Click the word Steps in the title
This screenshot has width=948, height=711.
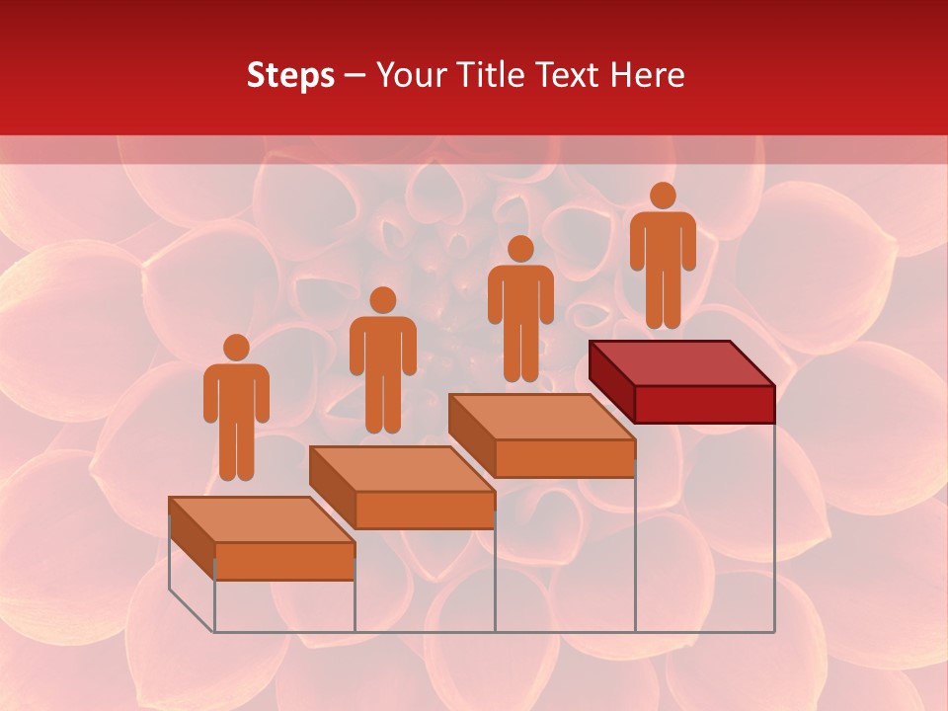(290, 76)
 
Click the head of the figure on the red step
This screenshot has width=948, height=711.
(663, 196)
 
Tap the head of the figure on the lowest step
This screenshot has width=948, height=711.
(236, 348)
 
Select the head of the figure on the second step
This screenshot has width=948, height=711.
(382, 300)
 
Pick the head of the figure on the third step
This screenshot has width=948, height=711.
(520, 249)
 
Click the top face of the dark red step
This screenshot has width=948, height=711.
(681, 363)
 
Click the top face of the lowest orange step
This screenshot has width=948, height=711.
(262, 519)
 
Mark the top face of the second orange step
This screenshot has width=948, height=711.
(402, 469)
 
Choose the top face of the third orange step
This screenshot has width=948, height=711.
(542, 417)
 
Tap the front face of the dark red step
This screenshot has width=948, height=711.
(704, 404)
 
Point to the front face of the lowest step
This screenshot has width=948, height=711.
(284, 561)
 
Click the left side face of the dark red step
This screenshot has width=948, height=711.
(611, 379)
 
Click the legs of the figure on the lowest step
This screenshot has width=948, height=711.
(236, 449)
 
